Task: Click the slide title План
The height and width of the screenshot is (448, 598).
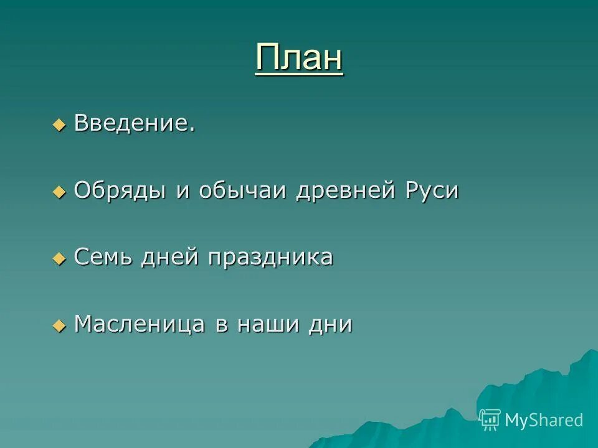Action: (299, 58)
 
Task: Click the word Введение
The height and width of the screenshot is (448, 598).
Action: (131, 123)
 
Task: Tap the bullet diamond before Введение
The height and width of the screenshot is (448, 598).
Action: (59, 124)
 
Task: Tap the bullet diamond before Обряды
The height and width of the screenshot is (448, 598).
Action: (59, 192)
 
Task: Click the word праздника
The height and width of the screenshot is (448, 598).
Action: (271, 257)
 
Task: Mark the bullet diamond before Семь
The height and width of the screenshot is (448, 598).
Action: (59, 258)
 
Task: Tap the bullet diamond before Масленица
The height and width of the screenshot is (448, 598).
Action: (59, 325)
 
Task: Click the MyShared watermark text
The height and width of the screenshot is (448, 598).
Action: (544, 420)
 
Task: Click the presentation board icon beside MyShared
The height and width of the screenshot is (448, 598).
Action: (490, 419)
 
